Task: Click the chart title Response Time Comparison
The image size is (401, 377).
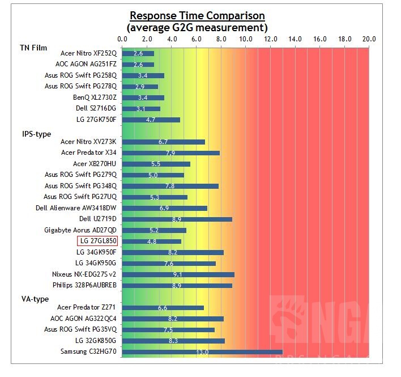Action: click(197, 15)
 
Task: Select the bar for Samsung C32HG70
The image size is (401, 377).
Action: click(202, 352)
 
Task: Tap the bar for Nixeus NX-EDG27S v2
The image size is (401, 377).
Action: click(178, 274)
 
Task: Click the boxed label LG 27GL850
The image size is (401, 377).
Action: click(97, 242)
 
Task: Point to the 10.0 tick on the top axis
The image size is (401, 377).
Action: click(246, 39)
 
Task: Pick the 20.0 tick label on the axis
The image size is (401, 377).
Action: click(369, 39)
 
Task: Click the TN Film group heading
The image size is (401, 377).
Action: click(34, 48)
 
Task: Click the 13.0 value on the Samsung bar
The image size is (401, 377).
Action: click(202, 352)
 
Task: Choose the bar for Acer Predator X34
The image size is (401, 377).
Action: click(170, 153)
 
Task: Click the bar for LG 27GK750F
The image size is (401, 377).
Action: click(151, 120)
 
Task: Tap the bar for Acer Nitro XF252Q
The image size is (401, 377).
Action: click(138, 54)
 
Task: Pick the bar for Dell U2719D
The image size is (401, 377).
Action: click(177, 219)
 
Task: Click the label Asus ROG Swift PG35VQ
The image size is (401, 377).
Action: click(80, 329)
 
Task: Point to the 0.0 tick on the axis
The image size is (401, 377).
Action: click(122, 39)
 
